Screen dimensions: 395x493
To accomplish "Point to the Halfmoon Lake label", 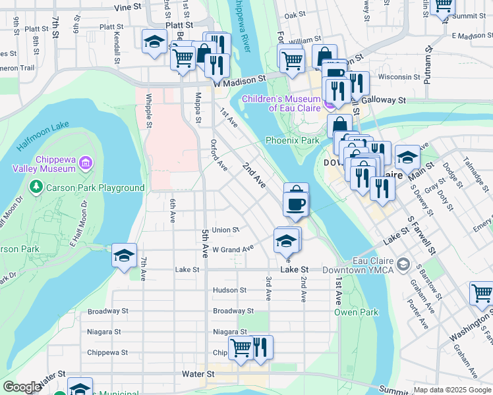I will pyautogui.click(x=43, y=125).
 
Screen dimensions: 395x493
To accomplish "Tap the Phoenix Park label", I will pyautogui.click(x=292, y=140).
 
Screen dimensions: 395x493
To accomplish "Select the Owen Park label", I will pyautogui.click(x=347, y=311).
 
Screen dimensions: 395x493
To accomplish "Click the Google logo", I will pyautogui.click(x=22, y=387).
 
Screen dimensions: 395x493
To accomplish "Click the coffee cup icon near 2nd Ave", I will pyautogui.click(x=296, y=204).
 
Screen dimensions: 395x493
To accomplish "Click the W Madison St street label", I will pyautogui.click(x=239, y=78).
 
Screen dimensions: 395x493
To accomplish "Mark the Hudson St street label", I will pyautogui.click(x=229, y=290).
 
